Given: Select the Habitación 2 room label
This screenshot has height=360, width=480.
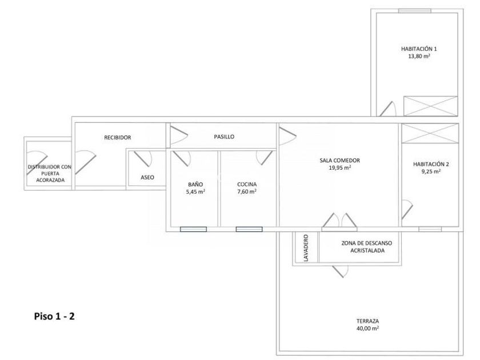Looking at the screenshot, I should [x=431, y=164].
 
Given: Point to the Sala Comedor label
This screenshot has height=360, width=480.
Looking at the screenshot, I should [x=339, y=161].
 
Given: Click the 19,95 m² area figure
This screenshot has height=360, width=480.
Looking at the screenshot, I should [x=339, y=168].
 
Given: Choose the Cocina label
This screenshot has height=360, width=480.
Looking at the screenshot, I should [x=247, y=184].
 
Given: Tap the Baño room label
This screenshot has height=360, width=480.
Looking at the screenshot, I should [x=195, y=184].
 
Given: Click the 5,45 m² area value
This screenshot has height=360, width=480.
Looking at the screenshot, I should [x=195, y=191].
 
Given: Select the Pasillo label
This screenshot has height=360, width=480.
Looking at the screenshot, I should [x=224, y=137].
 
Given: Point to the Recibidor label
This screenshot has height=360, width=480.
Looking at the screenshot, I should [x=118, y=138].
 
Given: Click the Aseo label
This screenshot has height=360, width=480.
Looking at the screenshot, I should [x=147, y=177].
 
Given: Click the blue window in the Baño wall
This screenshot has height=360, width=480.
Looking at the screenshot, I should [x=193, y=229].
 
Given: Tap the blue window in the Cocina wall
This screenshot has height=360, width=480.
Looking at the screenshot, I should [x=249, y=229].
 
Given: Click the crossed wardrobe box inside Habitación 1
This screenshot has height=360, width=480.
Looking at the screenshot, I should [x=430, y=106].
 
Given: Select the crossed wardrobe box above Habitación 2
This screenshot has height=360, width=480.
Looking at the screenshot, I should [x=430, y=133].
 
